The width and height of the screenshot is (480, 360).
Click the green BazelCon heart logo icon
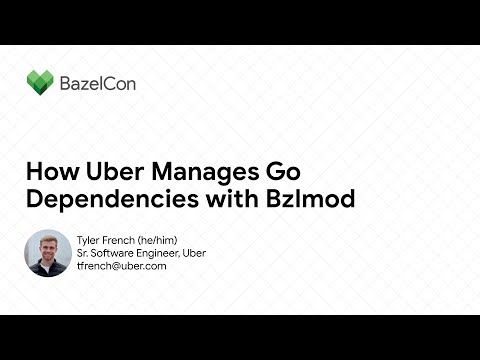[x=41, y=82]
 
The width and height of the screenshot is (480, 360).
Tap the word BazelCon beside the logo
[x=97, y=83]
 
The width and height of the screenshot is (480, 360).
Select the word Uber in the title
[x=116, y=169]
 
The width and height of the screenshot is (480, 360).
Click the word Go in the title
[x=287, y=169]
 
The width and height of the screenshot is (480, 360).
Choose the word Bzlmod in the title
[x=312, y=198]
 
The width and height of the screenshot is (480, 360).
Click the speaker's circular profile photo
[x=49, y=253]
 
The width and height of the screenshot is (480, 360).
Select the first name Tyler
[x=88, y=240]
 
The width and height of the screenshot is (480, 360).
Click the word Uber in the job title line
[x=196, y=253]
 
